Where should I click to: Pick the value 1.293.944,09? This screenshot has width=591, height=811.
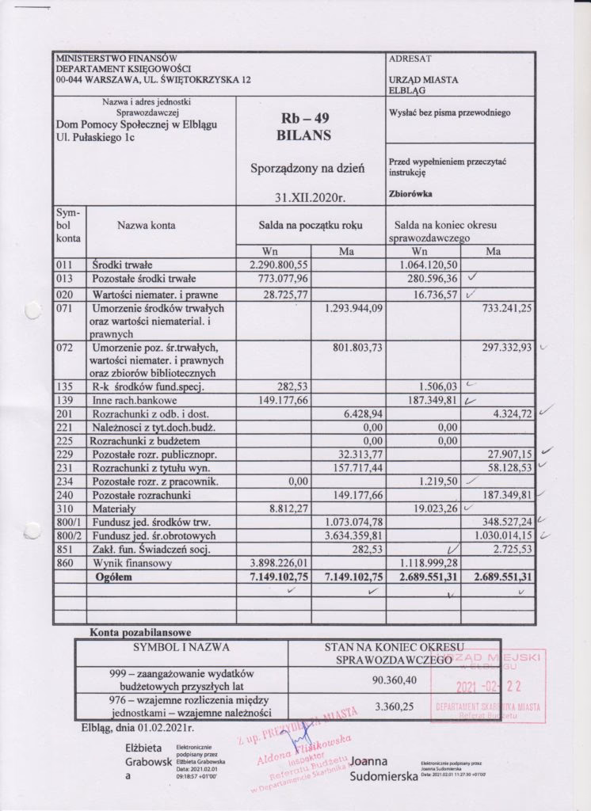[x=349, y=307]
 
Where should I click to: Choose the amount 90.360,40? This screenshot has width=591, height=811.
[x=394, y=680]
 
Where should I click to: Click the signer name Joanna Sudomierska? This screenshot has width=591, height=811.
[x=383, y=767]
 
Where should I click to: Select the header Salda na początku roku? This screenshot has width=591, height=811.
[x=311, y=225]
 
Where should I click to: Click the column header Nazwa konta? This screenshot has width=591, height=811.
[x=147, y=225]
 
